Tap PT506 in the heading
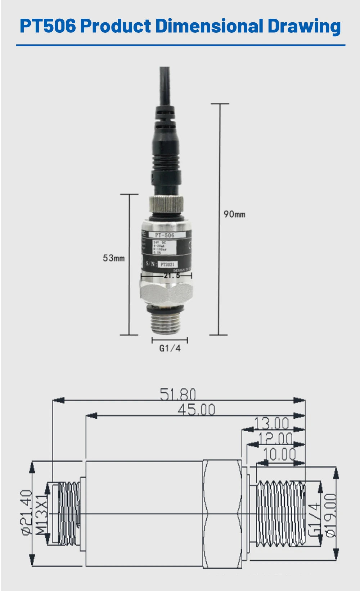(48, 26)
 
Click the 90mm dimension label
(234, 214)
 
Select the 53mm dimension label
(114, 258)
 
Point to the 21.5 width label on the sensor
(172, 276)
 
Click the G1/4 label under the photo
(170, 348)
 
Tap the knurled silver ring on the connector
(166, 204)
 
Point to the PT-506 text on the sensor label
(165, 235)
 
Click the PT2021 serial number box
(167, 264)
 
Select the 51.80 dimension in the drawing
(178, 394)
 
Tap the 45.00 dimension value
(196, 410)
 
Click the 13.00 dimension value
(271, 423)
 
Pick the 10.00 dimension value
(279, 455)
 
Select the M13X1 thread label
(42, 513)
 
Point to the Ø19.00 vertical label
(330, 515)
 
